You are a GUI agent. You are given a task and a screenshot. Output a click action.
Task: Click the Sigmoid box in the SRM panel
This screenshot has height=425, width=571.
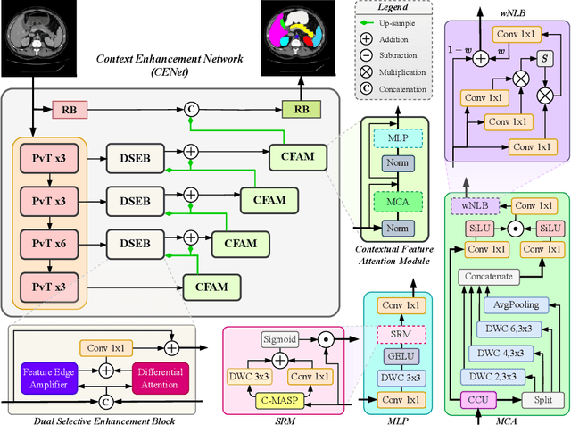click(x=285, y=338)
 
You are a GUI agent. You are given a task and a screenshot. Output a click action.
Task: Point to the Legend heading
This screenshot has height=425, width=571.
click(x=393, y=8)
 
